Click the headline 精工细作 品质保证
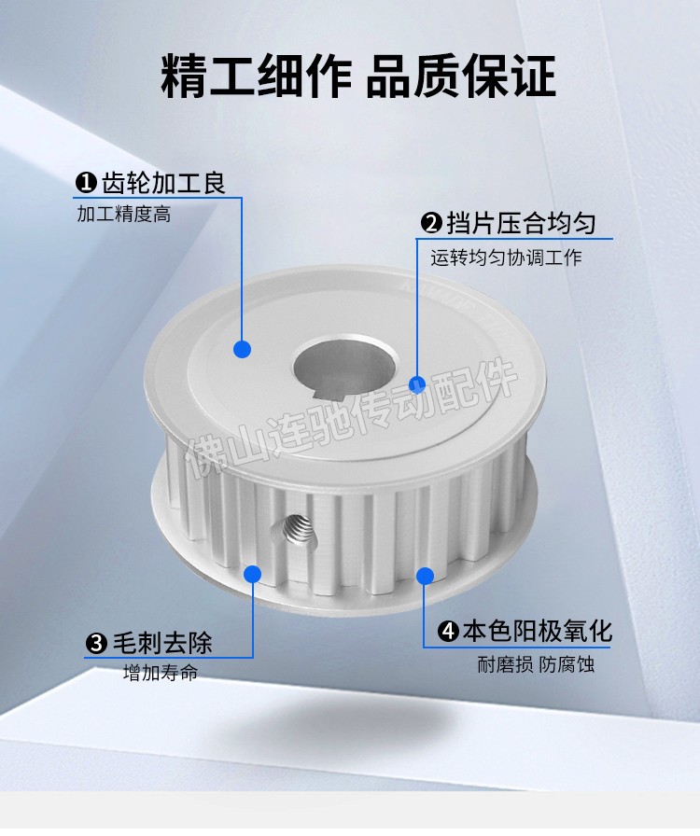[358, 76]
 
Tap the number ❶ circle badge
[85, 183]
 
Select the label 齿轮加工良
[163, 183]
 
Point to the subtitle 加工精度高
[124, 215]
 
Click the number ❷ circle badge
[431, 223]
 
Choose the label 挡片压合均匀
[521, 223]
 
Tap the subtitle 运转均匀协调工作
[506, 258]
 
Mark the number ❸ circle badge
[96, 644]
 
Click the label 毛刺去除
[162, 643]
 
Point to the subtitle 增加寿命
[160, 673]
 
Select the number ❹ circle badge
[448, 632]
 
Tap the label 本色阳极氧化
[537, 632]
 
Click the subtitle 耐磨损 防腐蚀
[536, 664]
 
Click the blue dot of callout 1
[243, 349]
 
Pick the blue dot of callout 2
[417, 384]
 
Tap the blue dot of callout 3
[252, 574]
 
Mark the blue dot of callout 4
[425, 576]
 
